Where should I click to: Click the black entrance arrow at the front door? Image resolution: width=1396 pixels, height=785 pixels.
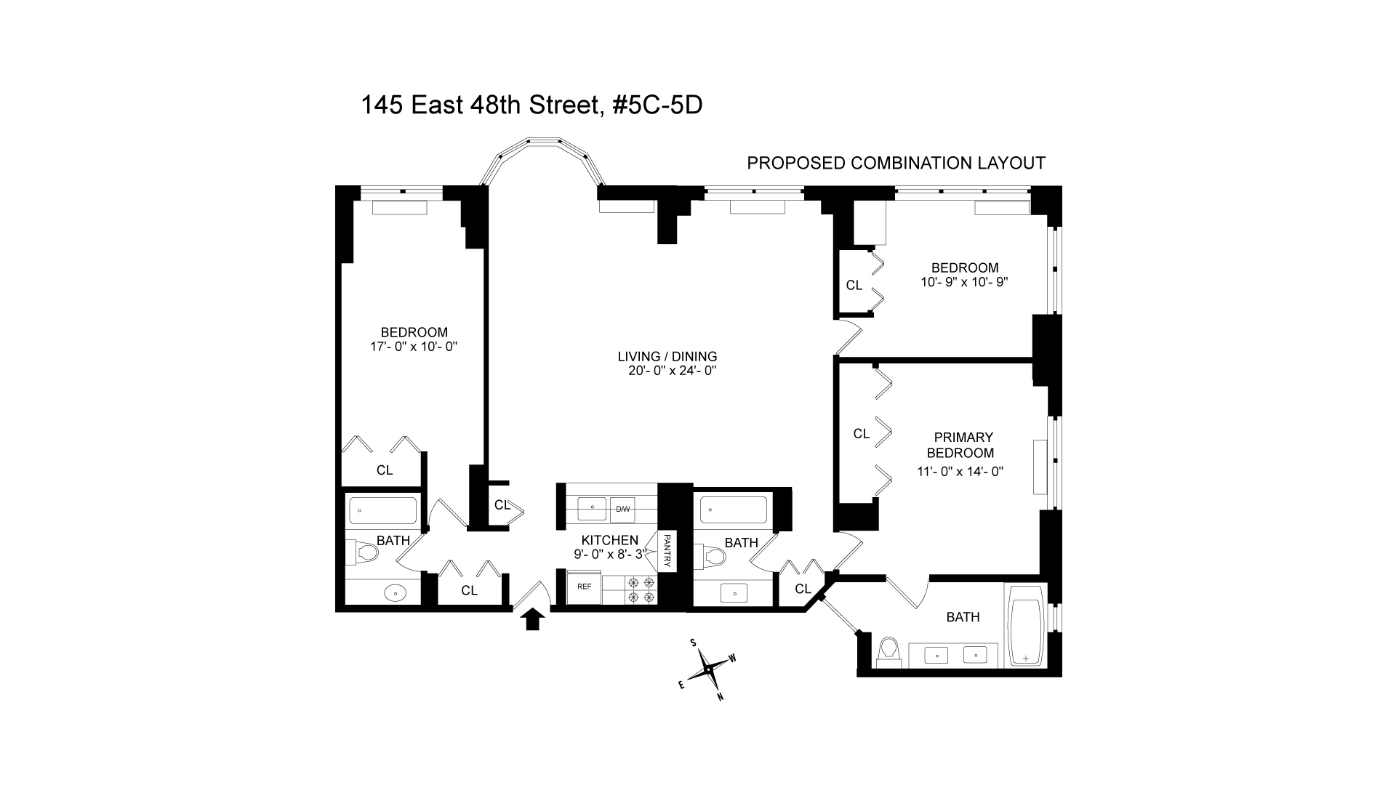533,619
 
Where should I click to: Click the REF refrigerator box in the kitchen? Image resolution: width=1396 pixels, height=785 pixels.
584,586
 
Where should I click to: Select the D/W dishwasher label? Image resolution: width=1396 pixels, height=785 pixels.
622,509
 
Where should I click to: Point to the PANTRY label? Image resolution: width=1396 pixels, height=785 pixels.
667,550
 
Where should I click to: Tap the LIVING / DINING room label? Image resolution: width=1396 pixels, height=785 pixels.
667,356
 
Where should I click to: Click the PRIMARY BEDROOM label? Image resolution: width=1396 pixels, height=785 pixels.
963,445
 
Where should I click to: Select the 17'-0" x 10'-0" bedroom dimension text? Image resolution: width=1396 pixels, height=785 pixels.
414,347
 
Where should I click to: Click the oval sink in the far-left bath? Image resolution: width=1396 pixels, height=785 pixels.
395,593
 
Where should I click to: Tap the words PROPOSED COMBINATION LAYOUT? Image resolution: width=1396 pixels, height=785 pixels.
896,163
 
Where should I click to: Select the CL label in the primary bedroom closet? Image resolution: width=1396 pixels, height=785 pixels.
861,434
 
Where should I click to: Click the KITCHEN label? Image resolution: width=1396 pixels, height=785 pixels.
609,540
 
